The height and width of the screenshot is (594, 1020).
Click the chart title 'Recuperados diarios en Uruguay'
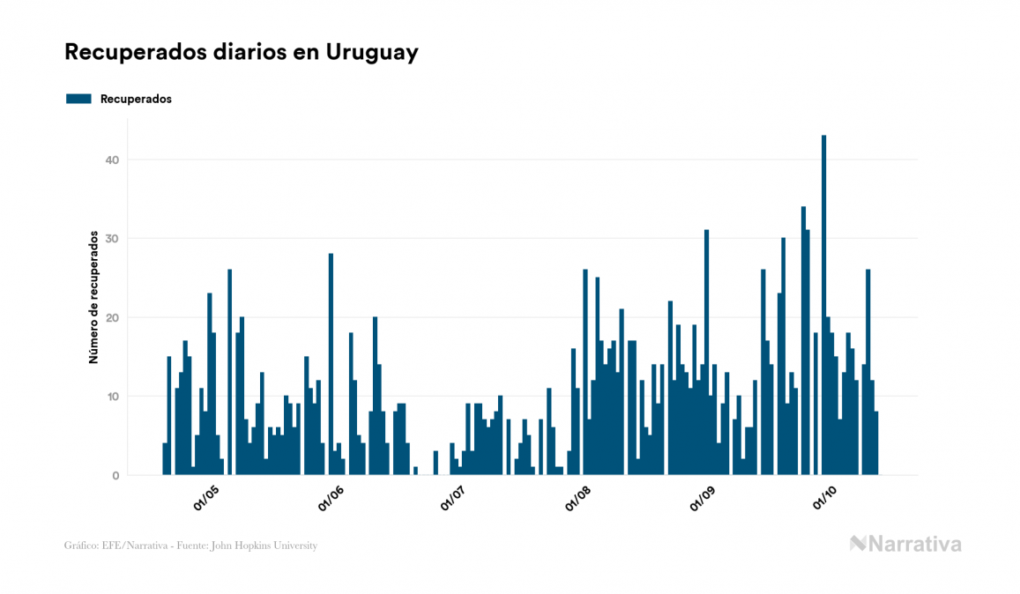tap(241, 52)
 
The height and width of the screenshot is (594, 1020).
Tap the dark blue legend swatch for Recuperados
tap(78, 99)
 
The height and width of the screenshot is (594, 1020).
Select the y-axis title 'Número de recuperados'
tap(93, 298)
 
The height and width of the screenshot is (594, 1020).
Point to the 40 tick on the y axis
tap(113, 160)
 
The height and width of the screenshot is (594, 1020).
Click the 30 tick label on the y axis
tap(113, 239)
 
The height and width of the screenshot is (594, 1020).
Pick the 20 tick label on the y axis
tap(113, 317)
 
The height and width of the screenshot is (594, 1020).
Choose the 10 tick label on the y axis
tap(113, 397)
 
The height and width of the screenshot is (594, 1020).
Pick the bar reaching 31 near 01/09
tap(706, 353)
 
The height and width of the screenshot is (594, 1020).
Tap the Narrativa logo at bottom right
tap(905, 544)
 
